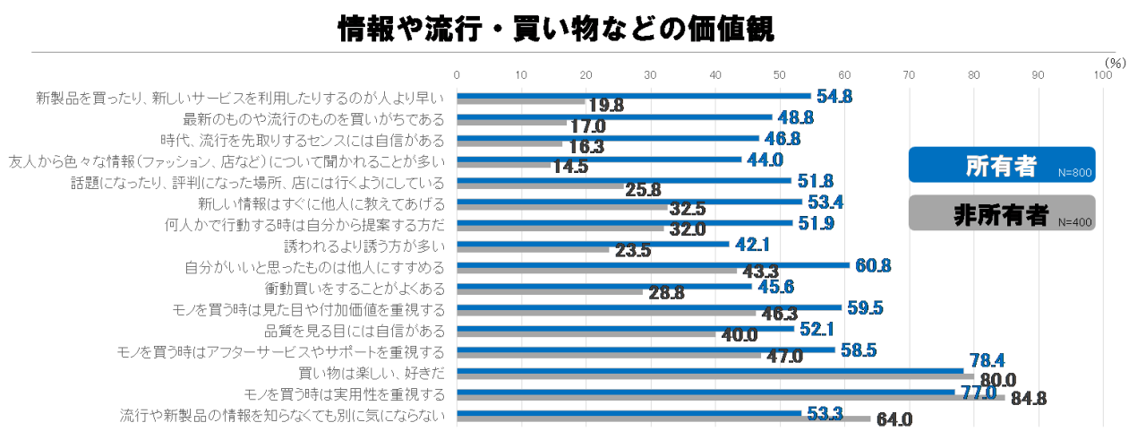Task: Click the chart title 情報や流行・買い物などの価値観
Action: point(556,29)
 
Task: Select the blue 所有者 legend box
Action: point(1001,165)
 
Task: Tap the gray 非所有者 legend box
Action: point(1001,213)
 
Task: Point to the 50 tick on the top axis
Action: point(780,74)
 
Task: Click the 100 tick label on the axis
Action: point(1102,74)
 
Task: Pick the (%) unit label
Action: point(1114,63)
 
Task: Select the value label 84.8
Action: point(1029,399)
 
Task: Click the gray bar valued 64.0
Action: point(663,418)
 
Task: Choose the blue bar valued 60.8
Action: point(653,265)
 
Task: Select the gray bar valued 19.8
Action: point(520,101)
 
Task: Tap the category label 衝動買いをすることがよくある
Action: point(360,289)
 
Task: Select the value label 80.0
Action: point(998,380)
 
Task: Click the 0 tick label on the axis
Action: point(457,74)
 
